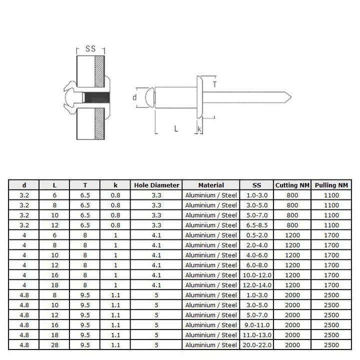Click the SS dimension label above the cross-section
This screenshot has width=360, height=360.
(90, 49)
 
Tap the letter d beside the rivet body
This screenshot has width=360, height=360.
(134, 97)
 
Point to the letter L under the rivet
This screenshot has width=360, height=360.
(176, 128)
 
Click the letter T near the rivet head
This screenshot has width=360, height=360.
(214, 85)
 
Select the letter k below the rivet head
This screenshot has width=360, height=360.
(199, 129)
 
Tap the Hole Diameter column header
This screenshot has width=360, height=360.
(156, 185)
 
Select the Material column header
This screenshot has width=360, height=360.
(211, 185)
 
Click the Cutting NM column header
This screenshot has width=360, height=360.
(292, 185)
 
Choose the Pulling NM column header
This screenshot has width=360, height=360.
(331, 185)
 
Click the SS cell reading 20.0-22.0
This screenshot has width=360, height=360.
(257, 345)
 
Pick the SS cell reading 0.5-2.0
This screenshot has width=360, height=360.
(257, 235)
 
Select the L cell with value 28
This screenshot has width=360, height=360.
(55, 345)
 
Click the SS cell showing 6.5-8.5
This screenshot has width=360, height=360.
(257, 225)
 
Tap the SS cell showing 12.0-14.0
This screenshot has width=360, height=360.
(257, 285)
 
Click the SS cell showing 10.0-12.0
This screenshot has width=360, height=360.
(257, 275)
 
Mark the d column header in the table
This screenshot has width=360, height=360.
(24, 185)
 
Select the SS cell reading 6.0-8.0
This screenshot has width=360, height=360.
(257, 265)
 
